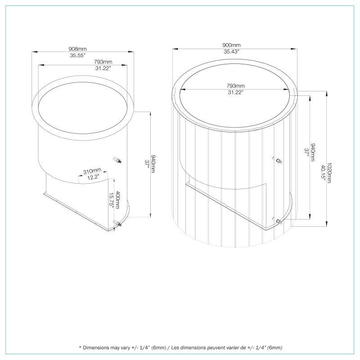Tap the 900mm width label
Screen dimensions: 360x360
232,45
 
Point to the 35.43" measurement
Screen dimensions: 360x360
232,52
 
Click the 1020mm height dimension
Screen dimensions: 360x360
330,172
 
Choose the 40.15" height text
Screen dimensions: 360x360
323,172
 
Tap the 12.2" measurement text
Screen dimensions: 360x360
93,178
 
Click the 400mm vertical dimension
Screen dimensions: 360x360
118,199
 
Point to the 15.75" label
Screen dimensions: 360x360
112,199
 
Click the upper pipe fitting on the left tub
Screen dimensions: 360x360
117,160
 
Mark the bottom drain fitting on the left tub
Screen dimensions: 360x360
118,224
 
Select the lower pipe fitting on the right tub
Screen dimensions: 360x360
278,220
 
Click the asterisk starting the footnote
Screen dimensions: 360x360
80,348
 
